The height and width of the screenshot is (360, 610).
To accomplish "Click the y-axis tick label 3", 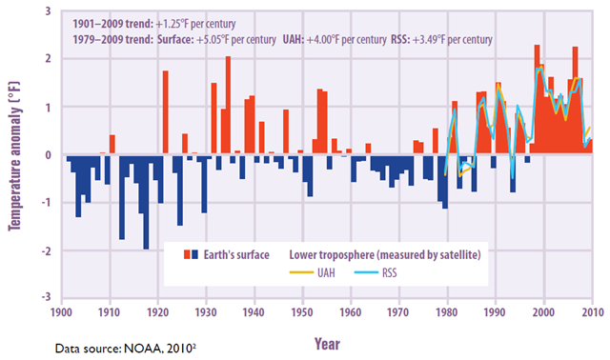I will (x=48, y=9).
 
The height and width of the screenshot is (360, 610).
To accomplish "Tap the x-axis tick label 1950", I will (x=302, y=310).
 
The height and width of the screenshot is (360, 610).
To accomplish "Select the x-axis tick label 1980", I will (x=447, y=310).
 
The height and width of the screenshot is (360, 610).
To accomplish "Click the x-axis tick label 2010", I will (x=591, y=310).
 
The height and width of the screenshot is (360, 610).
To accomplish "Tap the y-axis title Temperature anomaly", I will (x=16, y=154).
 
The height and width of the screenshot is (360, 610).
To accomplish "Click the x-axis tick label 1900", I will (x=62, y=310).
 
